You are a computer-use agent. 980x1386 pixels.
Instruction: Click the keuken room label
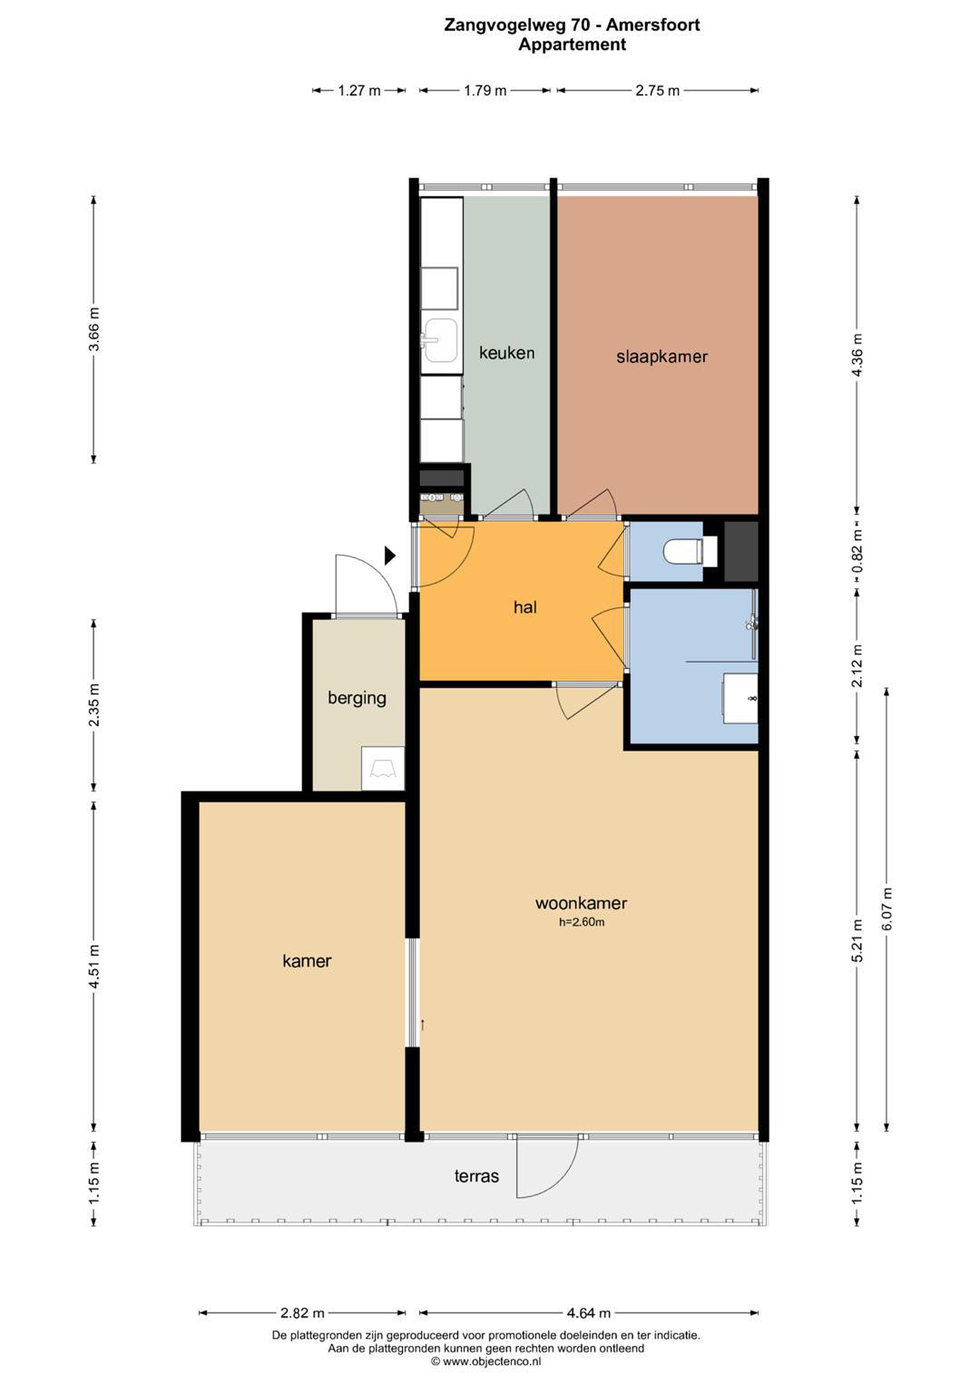(x=506, y=353)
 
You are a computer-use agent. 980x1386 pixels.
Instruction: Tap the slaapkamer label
(x=662, y=357)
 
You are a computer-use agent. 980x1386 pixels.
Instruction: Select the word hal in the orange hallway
(x=525, y=607)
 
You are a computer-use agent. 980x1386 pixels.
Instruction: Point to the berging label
(x=357, y=698)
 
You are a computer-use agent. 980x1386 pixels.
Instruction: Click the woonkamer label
(x=581, y=903)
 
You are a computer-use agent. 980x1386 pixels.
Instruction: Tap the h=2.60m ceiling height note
(x=581, y=922)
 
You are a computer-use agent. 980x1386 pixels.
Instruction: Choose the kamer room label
(x=307, y=961)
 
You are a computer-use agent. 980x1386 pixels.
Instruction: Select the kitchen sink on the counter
(x=440, y=340)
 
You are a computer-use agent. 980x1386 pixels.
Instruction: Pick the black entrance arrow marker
(x=389, y=555)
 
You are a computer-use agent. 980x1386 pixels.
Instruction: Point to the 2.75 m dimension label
(x=658, y=90)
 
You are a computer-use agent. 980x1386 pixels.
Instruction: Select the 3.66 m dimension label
(x=93, y=329)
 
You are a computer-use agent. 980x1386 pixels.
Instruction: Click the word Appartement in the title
(x=572, y=45)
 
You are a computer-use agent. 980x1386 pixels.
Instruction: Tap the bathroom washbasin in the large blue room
(x=740, y=698)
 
